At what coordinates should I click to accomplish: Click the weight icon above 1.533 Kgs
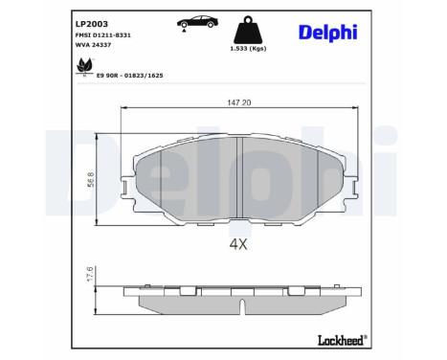(244, 28)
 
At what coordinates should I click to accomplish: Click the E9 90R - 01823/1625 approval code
(138, 72)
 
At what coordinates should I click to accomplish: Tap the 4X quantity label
(238, 244)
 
